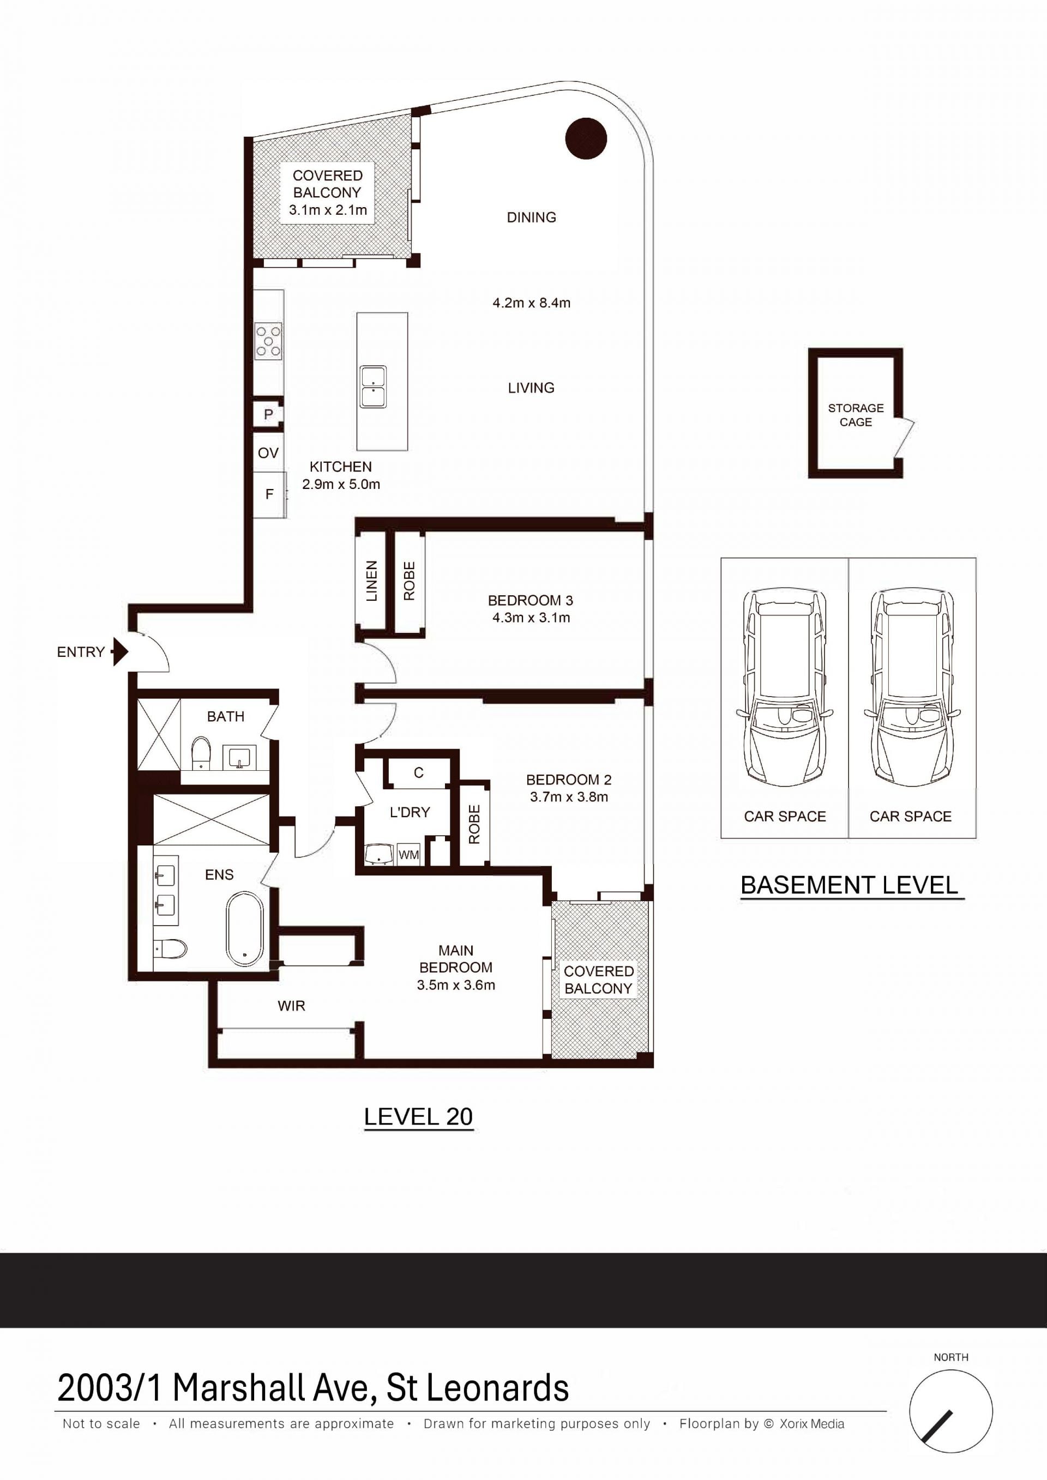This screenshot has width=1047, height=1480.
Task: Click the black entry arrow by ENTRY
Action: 120,651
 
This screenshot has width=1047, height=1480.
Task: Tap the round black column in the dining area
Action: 586,138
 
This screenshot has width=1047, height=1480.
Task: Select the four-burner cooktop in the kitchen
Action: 269,340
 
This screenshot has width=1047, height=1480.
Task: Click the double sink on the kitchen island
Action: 374,386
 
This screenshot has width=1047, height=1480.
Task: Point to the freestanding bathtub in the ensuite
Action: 245,929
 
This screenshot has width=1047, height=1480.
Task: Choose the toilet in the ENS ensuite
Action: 171,948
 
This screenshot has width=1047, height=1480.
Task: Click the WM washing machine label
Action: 409,855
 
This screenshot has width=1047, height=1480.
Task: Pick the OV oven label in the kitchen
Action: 268,453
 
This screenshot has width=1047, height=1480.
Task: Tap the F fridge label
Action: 269,494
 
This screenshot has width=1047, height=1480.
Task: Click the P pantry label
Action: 269,414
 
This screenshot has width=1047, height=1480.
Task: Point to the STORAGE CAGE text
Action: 856,415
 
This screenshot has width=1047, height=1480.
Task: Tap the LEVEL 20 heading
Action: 418,1116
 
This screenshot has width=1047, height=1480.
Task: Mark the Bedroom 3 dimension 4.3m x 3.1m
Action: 531,618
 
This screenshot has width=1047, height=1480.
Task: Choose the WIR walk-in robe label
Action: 291,1006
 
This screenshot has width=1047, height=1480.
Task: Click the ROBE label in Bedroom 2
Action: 474,824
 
